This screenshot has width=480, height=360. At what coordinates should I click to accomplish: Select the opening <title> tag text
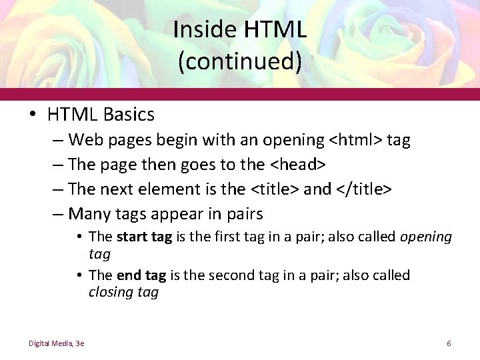tap(274, 189)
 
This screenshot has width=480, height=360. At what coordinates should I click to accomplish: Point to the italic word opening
tap(426, 237)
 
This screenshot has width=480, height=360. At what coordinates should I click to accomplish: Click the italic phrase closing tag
tap(123, 292)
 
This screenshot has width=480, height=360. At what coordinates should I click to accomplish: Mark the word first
tap(218, 237)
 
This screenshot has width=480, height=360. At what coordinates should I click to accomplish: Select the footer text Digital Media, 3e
tap(57, 343)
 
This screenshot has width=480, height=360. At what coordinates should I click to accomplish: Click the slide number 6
tap(449, 343)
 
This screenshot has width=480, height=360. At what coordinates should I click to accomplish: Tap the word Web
tap(84, 141)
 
